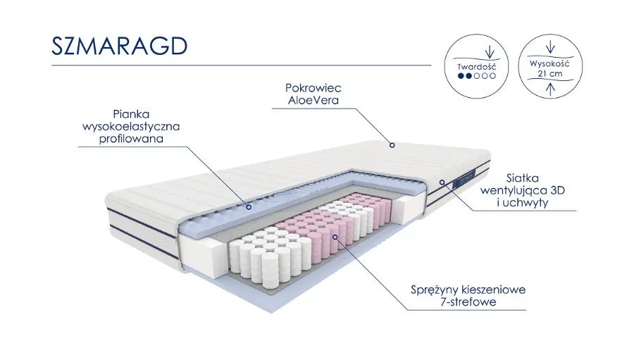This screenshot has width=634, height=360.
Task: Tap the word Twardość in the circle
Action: pyautogui.click(x=477, y=68)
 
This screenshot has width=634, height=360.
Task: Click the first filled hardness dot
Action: pyautogui.click(x=461, y=76)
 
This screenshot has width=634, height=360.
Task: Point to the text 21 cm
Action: pyautogui.click(x=549, y=73)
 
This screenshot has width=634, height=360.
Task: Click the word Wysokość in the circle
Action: pyautogui.click(x=549, y=63)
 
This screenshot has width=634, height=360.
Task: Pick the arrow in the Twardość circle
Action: pyautogui.click(x=490, y=51)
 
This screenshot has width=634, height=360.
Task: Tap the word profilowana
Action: pyautogui.click(x=131, y=139)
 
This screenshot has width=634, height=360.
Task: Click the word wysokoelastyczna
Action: pyautogui.click(x=131, y=126)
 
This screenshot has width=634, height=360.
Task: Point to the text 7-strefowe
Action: pyautogui.click(x=467, y=302)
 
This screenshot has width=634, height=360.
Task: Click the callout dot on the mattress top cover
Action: pyautogui.click(x=392, y=146)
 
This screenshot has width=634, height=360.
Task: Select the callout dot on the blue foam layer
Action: pyautogui.click(x=248, y=207)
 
